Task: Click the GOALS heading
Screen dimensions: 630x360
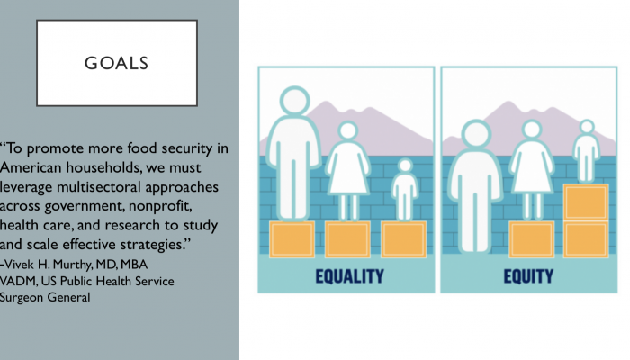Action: [116, 64]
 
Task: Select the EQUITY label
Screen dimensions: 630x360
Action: [527, 275]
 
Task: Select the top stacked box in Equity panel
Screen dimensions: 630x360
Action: [585, 202]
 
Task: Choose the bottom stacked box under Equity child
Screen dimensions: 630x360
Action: [585, 239]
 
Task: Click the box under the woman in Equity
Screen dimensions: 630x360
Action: [531, 239]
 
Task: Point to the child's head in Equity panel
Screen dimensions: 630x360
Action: [586, 128]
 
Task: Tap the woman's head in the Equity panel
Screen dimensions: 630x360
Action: [531, 133]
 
